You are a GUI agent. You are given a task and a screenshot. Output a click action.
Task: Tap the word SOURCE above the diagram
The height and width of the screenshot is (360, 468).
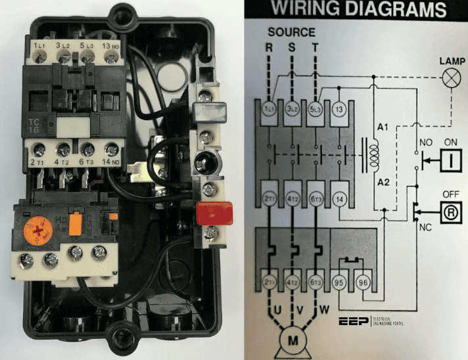(x=292, y=32)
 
